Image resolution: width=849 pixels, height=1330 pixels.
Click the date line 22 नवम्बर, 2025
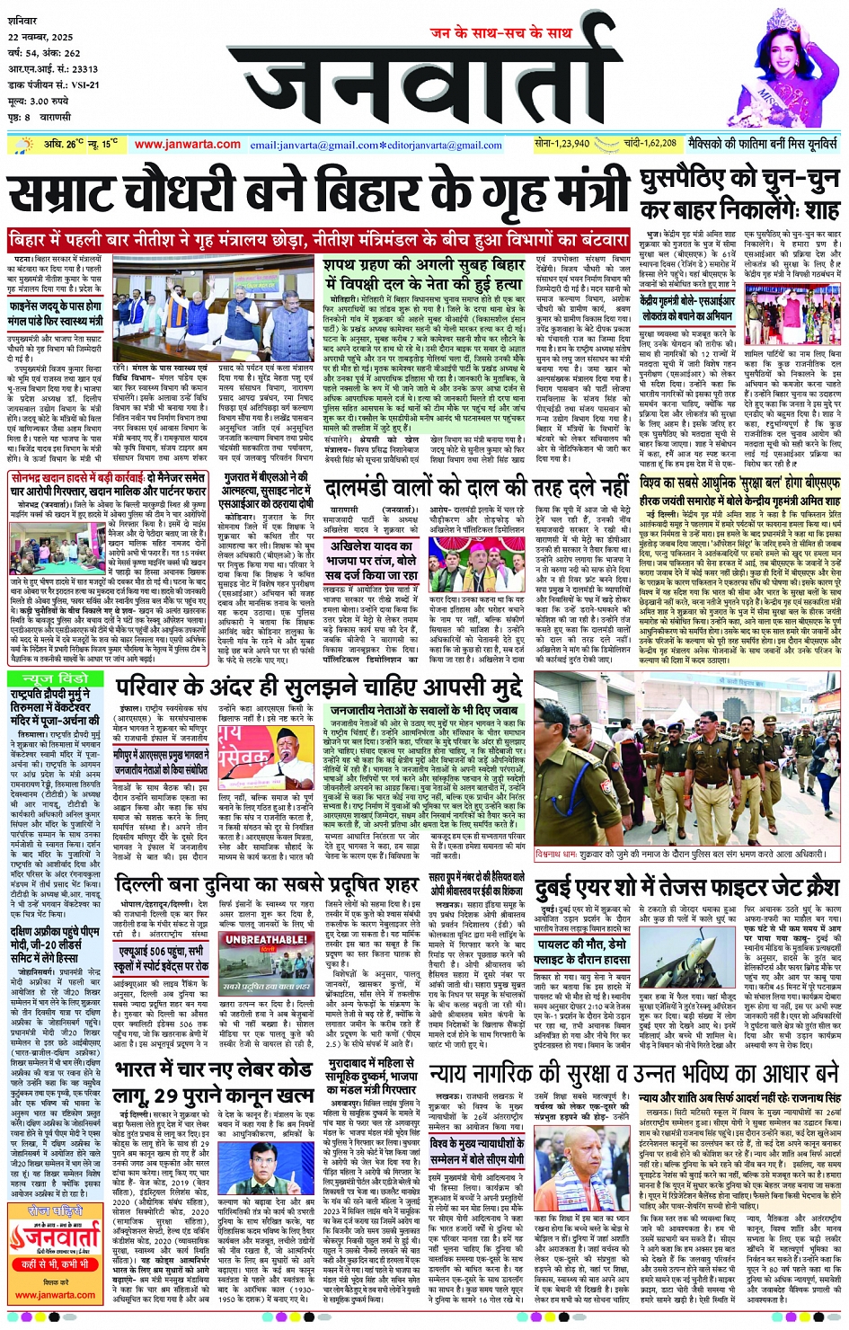coord(41,38)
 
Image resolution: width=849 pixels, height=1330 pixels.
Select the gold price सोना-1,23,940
coord(562,143)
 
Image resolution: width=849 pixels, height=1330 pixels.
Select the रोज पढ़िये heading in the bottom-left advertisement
coord(55,1211)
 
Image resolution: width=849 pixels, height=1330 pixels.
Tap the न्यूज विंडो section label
coord(55,679)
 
